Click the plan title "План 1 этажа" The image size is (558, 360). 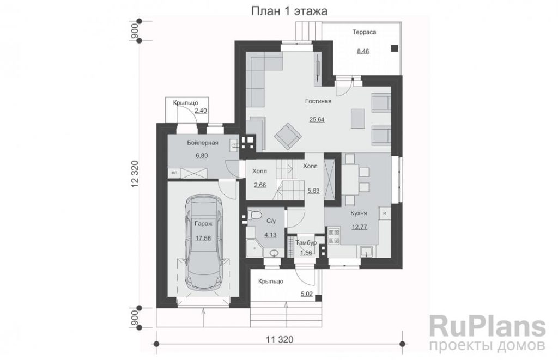click(x=289, y=11)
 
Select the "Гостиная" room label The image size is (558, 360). click(x=318, y=101)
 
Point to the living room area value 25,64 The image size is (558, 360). click(x=317, y=119)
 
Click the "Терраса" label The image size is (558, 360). click(x=364, y=32)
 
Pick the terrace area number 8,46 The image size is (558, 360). click(x=363, y=51)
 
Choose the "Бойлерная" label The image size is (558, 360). click(x=203, y=143)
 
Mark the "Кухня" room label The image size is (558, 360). click(x=359, y=213)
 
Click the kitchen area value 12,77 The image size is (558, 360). click(x=360, y=227)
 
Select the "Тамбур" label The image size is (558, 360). click(x=306, y=243)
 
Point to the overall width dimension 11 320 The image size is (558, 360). click(x=280, y=340)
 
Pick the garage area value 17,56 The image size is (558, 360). click(x=203, y=239)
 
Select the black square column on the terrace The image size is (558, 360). click(x=395, y=48)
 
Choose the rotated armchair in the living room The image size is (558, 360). click(x=288, y=136)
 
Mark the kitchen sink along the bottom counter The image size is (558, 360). click(x=367, y=252)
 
